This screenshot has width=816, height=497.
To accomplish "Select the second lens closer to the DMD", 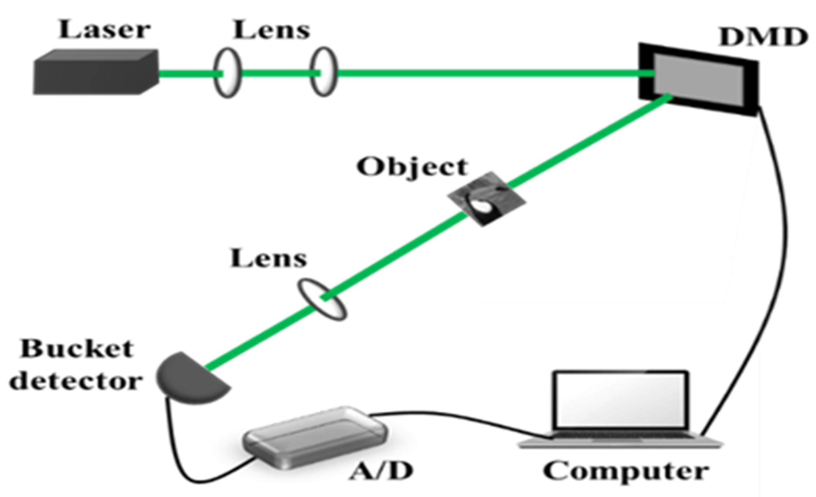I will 323,72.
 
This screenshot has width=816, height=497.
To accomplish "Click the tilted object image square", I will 486,199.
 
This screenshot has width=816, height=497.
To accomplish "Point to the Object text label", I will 412,167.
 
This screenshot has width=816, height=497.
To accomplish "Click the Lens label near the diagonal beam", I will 268,259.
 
